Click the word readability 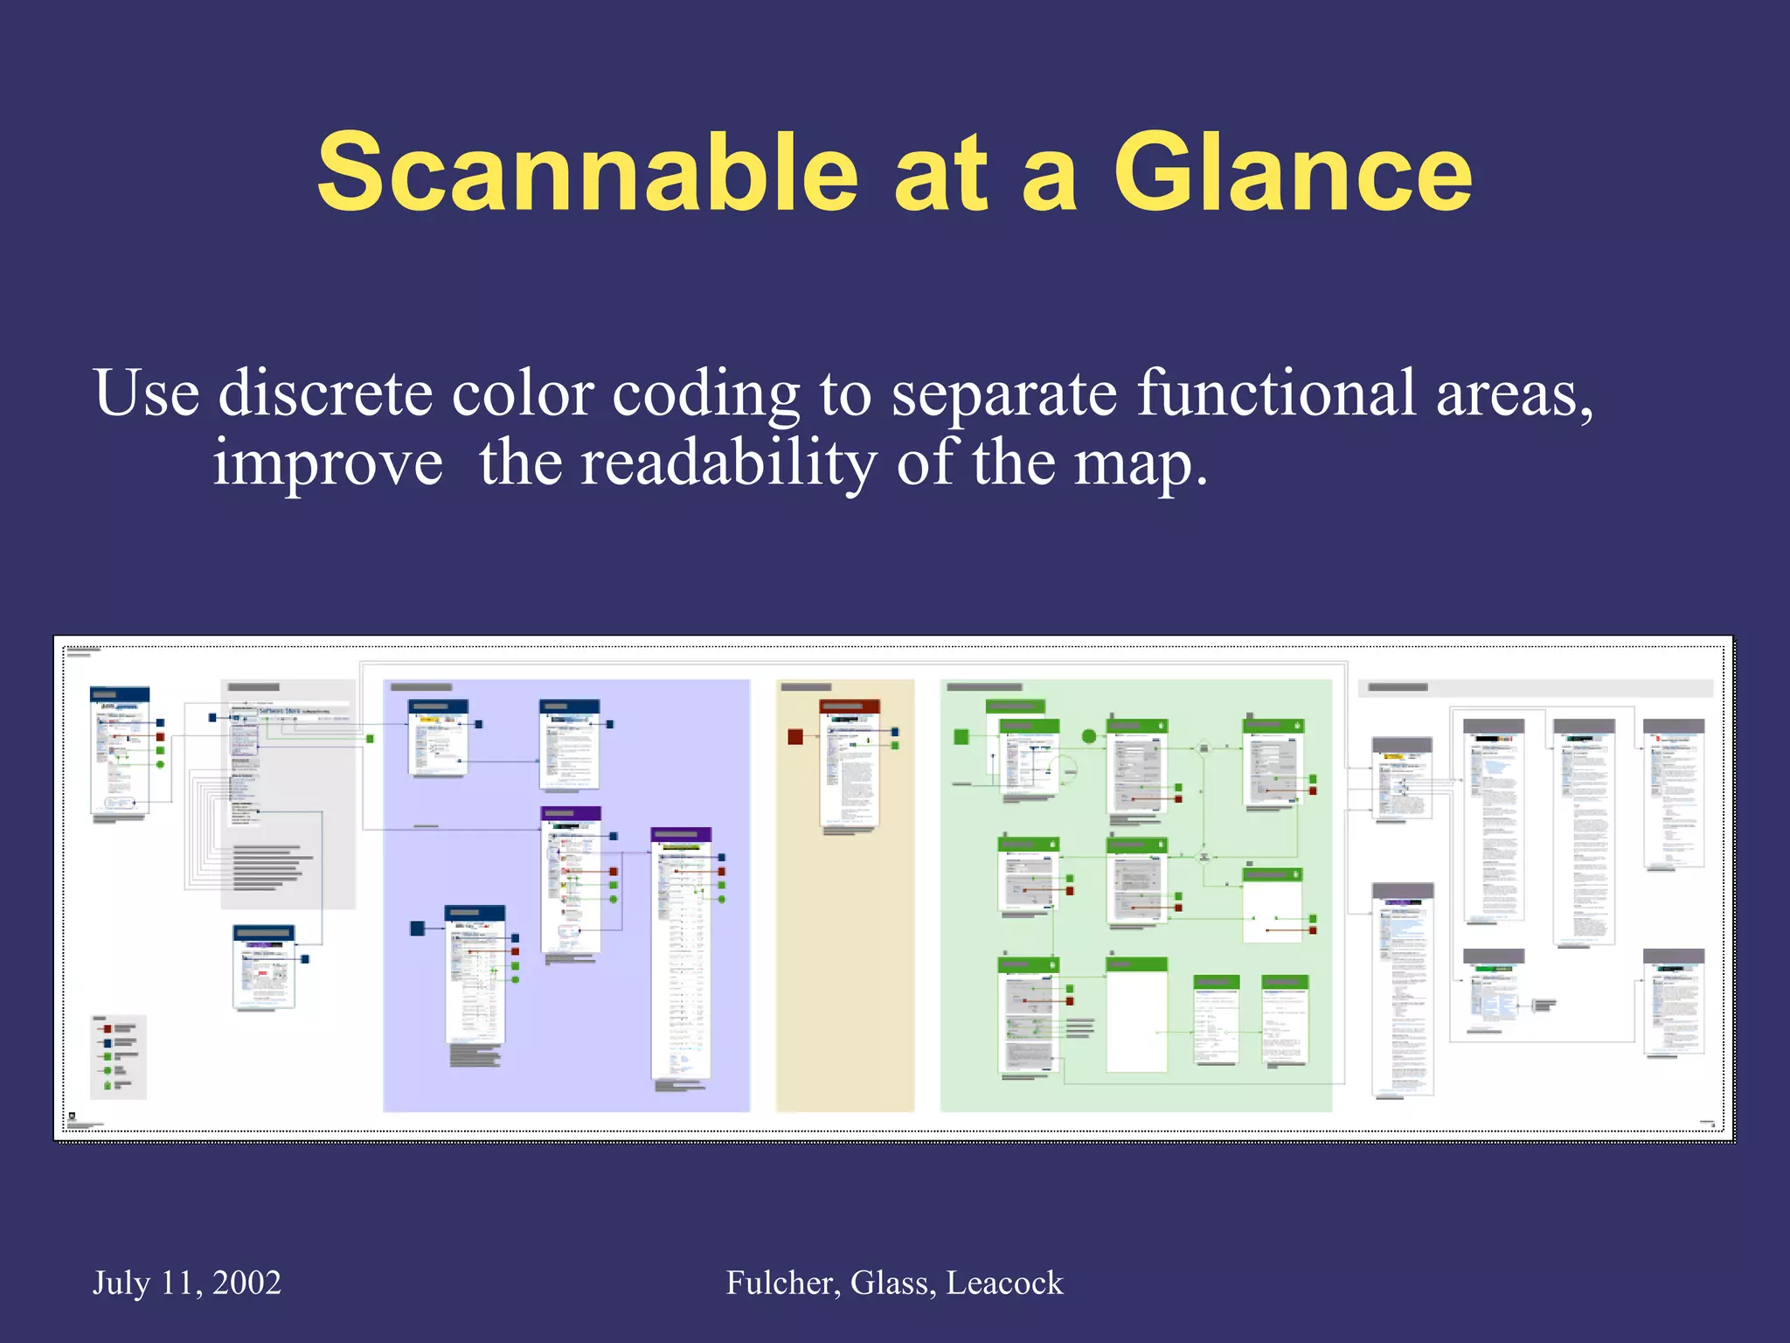coord(728,463)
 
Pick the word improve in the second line coord(328,464)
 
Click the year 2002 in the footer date coord(246,1283)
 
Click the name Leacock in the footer coord(1004,1283)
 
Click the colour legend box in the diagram coord(118,1056)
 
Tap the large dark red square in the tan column coord(795,736)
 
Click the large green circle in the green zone coord(1089,736)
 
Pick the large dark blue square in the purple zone coord(418,928)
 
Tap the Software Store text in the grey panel coord(280,711)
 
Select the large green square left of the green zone coord(961,736)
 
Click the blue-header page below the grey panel coord(264,968)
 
